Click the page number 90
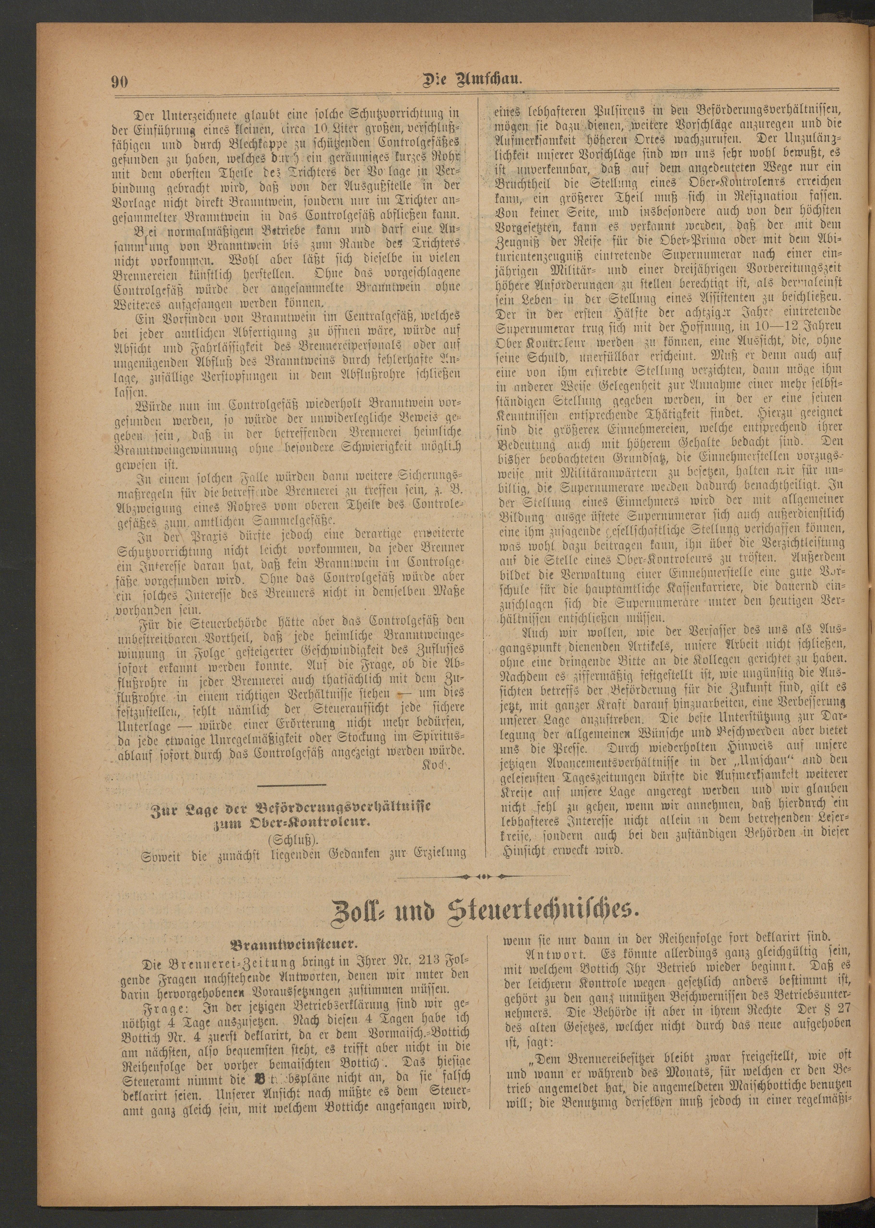click(x=119, y=82)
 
